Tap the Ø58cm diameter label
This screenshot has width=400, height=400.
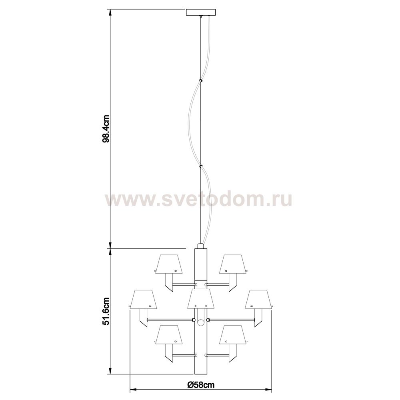point(200,385)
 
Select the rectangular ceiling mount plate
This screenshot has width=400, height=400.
point(201,12)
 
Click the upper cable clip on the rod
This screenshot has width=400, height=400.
point(201,81)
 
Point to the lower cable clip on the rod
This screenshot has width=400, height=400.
point(201,167)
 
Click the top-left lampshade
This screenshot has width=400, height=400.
point(169,264)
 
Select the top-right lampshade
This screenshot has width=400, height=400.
point(233,264)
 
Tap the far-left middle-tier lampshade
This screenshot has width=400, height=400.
point(143,299)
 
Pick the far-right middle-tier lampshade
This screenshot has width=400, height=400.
point(258,299)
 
